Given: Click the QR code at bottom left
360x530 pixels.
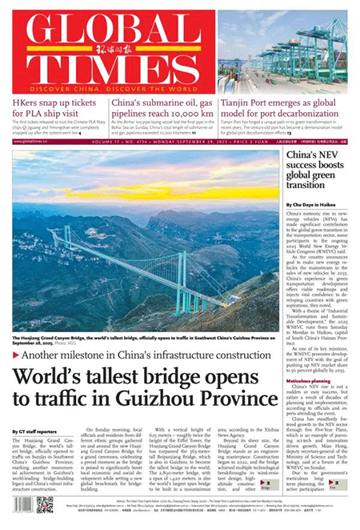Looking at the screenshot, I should [44, 504].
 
